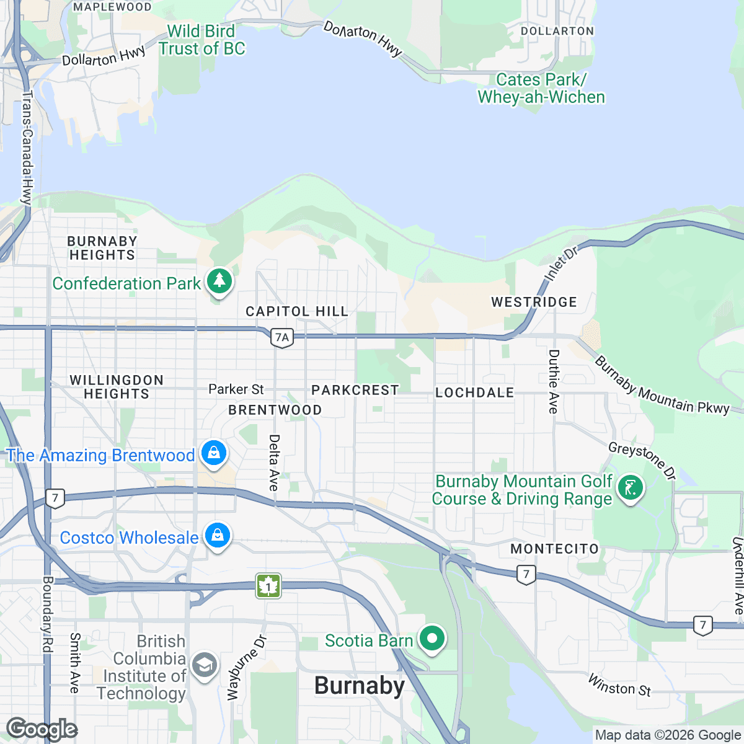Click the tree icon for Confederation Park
tap(218, 281)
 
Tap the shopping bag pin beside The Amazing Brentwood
tap(214, 453)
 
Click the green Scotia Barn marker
tap(432, 638)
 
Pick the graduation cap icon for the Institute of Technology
tap(204, 665)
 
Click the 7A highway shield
tap(282, 338)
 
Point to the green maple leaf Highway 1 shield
tap(268, 585)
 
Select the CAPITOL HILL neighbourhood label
tap(297, 311)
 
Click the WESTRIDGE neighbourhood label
tap(534, 302)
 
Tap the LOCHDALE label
tap(474, 392)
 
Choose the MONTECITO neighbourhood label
tap(554, 549)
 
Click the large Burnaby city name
tap(360, 686)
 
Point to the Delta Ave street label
tap(274, 463)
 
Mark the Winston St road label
tap(619, 684)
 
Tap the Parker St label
tap(236, 389)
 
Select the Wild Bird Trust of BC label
tap(201, 40)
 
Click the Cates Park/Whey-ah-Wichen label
tap(541, 89)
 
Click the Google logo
tap(42, 730)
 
